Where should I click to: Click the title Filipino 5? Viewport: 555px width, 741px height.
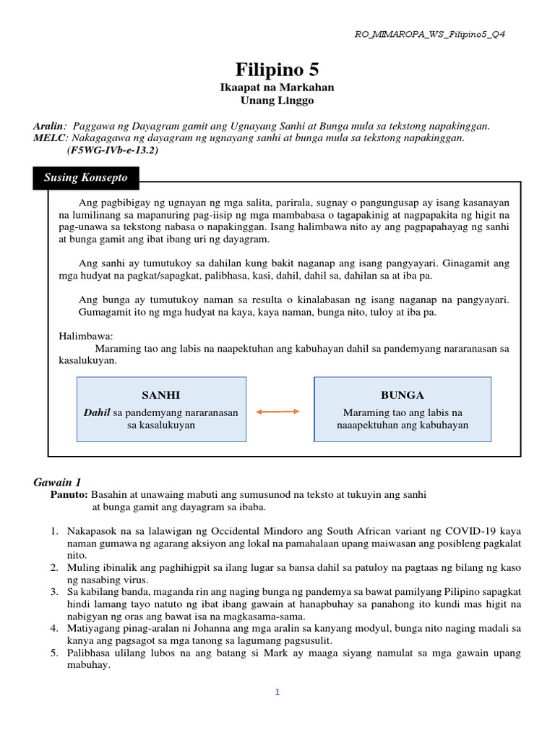(277, 69)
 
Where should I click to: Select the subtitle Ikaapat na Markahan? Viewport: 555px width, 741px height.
(277, 88)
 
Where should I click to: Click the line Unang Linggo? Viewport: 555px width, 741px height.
(277, 101)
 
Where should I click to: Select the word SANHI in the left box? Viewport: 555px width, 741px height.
(161, 395)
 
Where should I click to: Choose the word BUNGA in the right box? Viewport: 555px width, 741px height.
(402, 395)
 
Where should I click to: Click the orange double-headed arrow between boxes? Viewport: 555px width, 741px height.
(277, 411)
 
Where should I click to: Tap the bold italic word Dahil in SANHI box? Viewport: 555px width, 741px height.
(96, 412)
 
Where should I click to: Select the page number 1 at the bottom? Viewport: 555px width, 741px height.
(277, 692)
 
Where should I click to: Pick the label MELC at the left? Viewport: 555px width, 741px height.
(49, 137)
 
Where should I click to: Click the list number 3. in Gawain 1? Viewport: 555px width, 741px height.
(53, 591)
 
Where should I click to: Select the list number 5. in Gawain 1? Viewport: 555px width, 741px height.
(53, 653)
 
